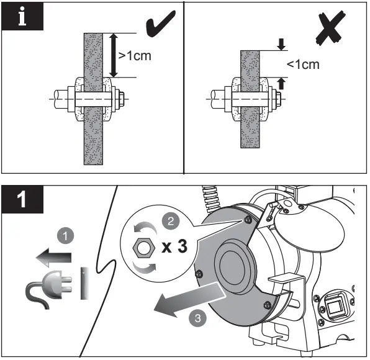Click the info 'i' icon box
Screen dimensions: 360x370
(x=23, y=17)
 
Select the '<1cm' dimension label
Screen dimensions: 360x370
(x=303, y=64)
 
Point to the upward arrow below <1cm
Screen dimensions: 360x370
(x=282, y=83)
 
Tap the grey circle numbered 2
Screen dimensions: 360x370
(x=168, y=220)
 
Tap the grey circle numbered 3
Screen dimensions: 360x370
(x=197, y=319)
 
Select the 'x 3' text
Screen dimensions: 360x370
(x=173, y=246)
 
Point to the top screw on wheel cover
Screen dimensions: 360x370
(x=247, y=219)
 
